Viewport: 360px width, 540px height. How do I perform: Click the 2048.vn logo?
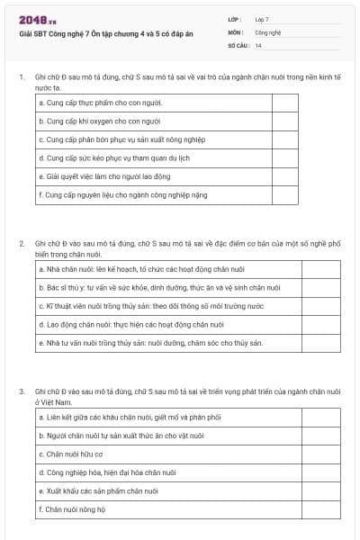tap(38, 20)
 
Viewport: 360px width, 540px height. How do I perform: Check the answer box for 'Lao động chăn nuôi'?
tap(285, 324)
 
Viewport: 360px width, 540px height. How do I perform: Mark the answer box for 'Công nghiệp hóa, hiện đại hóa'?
tap(285, 472)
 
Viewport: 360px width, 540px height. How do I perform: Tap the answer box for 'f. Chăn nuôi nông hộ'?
tap(285, 508)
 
